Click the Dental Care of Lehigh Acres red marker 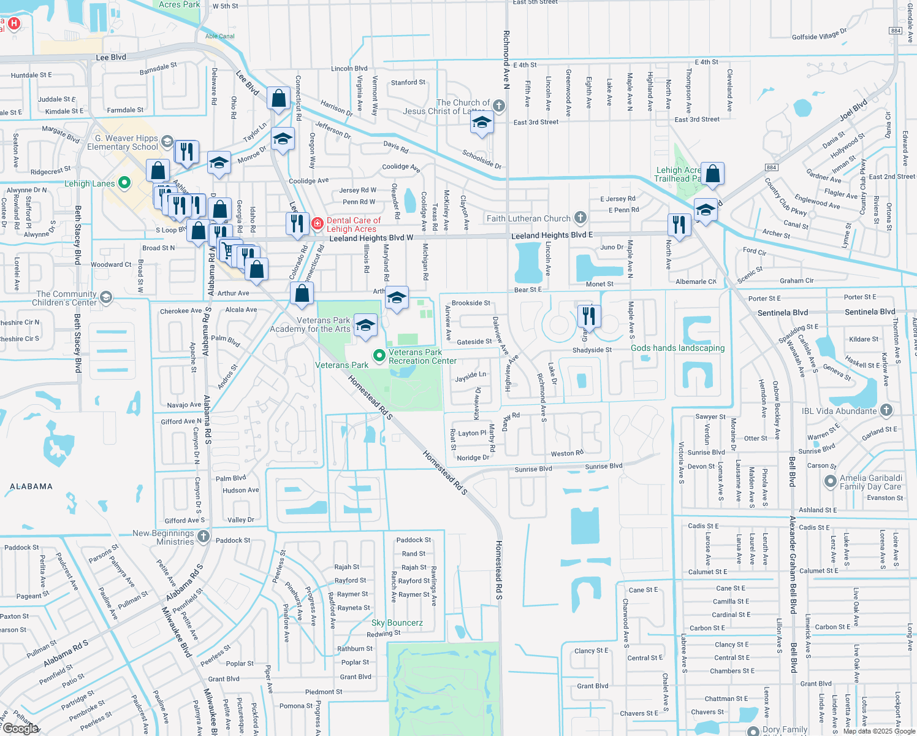pyautogui.click(x=318, y=224)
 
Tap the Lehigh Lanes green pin pyautogui.click(x=124, y=183)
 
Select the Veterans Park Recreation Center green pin pyautogui.click(x=379, y=356)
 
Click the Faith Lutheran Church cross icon pyautogui.click(x=580, y=218)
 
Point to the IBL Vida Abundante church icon pyautogui.click(x=886, y=410)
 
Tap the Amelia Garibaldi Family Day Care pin pyautogui.click(x=831, y=481)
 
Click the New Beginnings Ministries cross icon pyautogui.click(x=204, y=537)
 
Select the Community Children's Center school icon pyautogui.click(x=106, y=298)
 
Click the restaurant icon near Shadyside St pyautogui.click(x=588, y=316)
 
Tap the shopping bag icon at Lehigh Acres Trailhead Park pyautogui.click(x=712, y=174)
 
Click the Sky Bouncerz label pyautogui.click(x=397, y=623)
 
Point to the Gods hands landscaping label pyautogui.click(x=677, y=348)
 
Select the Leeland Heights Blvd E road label pyautogui.click(x=552, y=235)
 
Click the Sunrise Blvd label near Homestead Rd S pyautogui.click(x=533, y=469)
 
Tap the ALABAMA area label pyautogui.click(x=31, y=486)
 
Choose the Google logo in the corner pyautogui.click(x=20, y=728)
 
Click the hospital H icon pyautogui.click(x=13, y=24)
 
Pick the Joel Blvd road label pyautogui.click(x=853, y=109)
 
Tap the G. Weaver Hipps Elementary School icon pyautogui.click(x=167, y=142)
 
